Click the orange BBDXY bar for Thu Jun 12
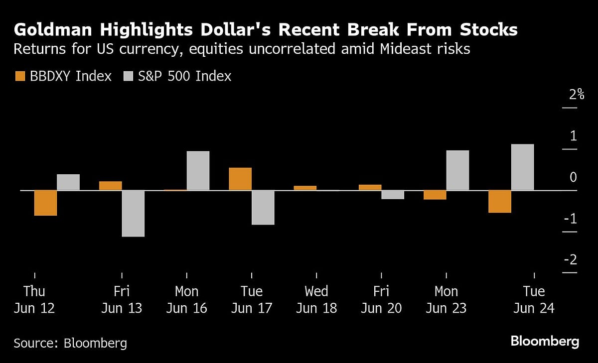click(45, 203)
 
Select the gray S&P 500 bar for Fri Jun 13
click(133, 213)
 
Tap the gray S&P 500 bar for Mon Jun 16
click(198, 171)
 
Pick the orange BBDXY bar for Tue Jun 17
click(240, 179)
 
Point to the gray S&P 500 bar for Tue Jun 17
click(263, 207)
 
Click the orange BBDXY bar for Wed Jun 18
click(305, 188)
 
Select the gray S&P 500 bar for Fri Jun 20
click(393, 195)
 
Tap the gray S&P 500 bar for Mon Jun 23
click(457, 170)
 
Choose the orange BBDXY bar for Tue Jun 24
click(500, 201)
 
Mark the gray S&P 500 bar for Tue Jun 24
click(522, 167)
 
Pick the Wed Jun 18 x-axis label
click(316, 299)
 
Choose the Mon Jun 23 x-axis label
click(446, 299)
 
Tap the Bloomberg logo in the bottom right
click(545, 342)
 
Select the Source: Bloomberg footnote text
click(70, 343)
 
